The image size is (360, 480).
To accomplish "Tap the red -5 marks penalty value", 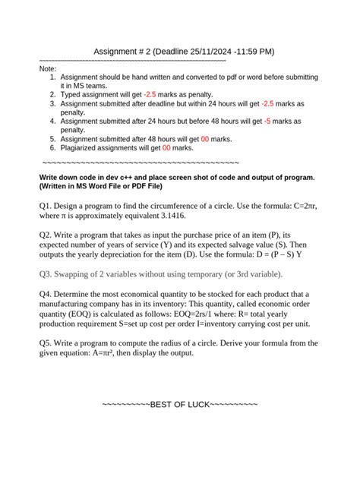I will click(x=268, y=121).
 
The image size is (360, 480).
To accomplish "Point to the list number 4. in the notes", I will click(x=52, y=121).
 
